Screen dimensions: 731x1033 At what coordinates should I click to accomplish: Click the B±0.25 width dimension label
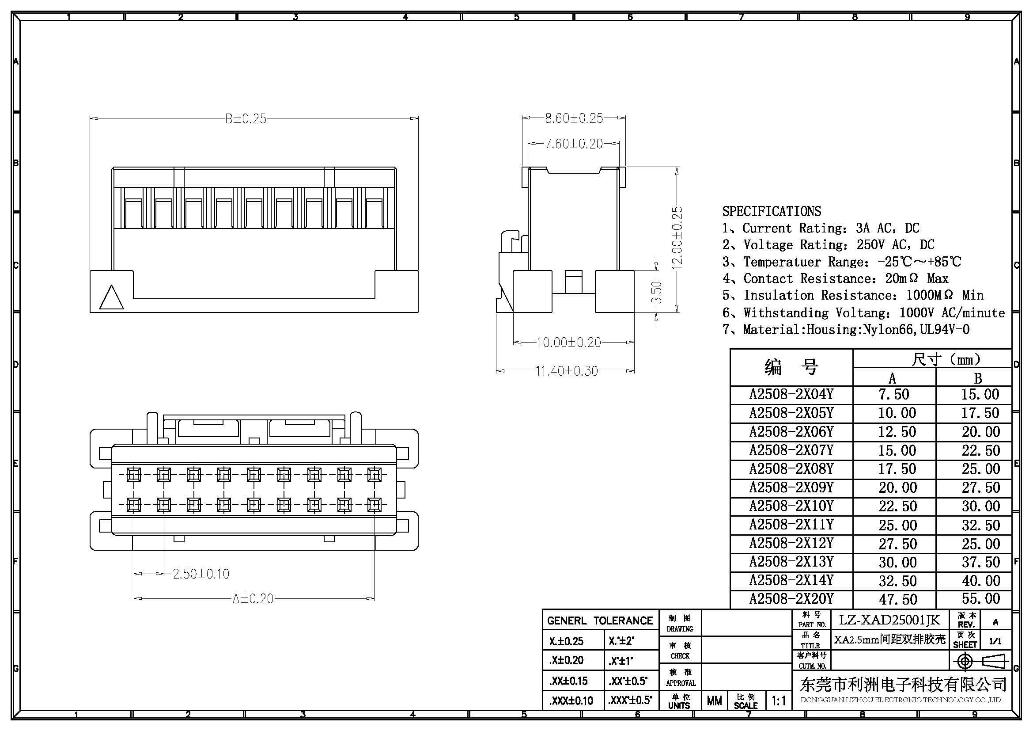click(246, 119)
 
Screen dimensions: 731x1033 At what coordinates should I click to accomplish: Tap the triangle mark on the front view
click(111, 297)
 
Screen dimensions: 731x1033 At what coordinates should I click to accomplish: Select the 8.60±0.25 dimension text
click(574, 118)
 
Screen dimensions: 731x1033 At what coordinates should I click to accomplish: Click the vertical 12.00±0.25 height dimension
click(677, 238)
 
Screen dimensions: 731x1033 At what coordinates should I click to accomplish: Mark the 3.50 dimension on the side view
click(657, 292)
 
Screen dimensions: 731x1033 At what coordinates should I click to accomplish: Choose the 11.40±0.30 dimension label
click(567, 371)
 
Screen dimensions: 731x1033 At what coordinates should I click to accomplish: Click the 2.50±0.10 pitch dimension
click(201, 574)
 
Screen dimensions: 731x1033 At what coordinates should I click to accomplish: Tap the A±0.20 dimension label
click(253, 599)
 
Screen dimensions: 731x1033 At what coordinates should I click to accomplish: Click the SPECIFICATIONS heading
click(772, 211)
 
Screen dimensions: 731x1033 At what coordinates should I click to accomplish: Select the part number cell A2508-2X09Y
click(791, 487)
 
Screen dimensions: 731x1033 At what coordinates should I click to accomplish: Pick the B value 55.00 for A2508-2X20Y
click(981, 599)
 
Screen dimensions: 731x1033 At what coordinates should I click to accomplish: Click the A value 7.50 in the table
click(893, 395)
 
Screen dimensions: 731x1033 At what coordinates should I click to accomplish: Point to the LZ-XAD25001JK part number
click(889, 620)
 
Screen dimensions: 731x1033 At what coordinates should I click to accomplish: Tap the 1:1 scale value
click(778, 701)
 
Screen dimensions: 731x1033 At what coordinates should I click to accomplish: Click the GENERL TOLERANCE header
click(600, 621)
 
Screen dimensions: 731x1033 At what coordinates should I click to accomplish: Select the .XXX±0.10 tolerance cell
click(571, 701)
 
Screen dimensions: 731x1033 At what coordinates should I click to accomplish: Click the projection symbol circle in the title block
click(965, 662)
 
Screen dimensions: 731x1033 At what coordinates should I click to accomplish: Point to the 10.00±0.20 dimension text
click(569, 343)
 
